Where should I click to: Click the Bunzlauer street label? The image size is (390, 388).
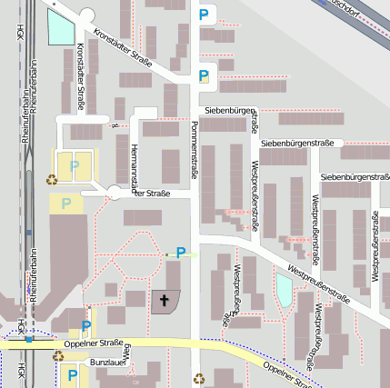(x=107, y=362)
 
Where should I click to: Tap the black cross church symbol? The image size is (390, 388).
(x=165, y=299)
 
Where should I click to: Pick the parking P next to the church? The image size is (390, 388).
(x=181, y=253)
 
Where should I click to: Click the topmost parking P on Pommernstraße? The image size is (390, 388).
(x=203, y=15)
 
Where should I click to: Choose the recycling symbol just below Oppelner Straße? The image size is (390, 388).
(x=57, y=357)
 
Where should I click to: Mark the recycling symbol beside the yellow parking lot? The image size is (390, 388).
(x=51, y=179)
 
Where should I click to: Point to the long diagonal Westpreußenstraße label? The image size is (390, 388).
(x=319, y=283)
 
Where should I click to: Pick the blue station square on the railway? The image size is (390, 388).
(x=30, y=338)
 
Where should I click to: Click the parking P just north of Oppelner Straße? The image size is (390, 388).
(x=86, y=325)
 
